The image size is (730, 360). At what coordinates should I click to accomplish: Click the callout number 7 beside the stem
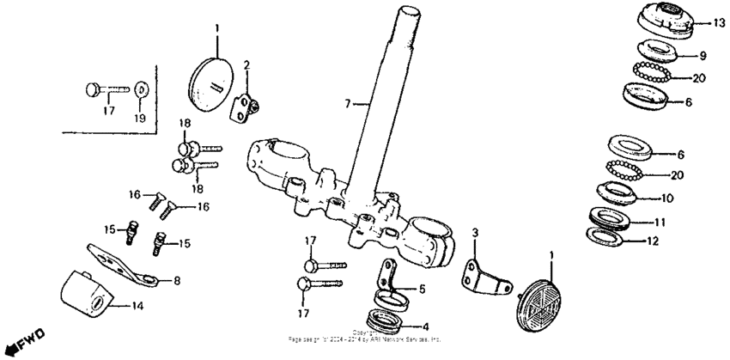(x=349, y=104)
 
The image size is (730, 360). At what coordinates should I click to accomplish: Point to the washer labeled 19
(x=141, y=88)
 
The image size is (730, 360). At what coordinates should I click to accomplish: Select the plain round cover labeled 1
(x=210, y=80)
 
